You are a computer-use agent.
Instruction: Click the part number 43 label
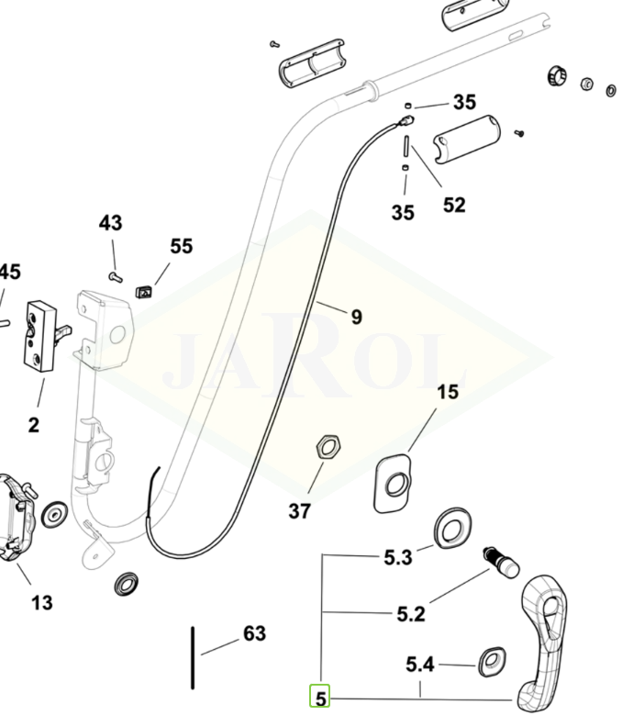[x=110, y=223]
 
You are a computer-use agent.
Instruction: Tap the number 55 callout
[x=182, y=246]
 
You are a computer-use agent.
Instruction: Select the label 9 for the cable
[x=356, y=318]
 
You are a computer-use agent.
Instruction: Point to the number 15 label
[x=447, y=393]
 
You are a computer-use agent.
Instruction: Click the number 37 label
[x=300, y=510]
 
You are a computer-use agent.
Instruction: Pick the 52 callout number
[x=454, y=205]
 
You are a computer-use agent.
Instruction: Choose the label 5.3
[x=398, y=557]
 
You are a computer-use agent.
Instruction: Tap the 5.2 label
[x=411, y=613]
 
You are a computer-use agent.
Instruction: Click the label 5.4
[x=421, y=664]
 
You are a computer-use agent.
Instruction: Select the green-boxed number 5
[x=320, y=698]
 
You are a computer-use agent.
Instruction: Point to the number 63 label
[x=254, y=634]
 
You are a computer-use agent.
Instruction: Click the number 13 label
[x=41, y=603]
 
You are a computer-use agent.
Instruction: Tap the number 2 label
[x=34, y=424]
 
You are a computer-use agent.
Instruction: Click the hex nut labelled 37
[x=328, y=448]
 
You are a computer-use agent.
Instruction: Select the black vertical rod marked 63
[x=193, y=657]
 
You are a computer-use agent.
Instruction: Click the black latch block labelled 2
[x=39, y=336]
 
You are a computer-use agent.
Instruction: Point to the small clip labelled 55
[x=143, y=292]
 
